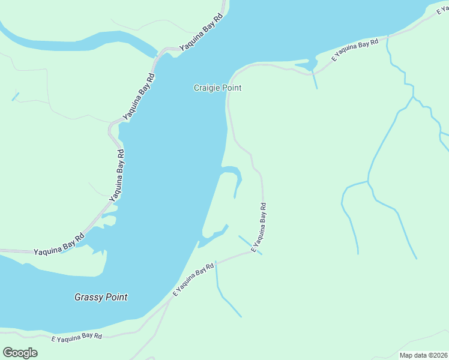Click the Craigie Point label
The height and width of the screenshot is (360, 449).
point(217,88)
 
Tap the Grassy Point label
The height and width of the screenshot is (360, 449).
point(101,297)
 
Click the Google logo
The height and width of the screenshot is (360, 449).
point(20,352)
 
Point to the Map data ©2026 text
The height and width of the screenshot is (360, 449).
point(423,355)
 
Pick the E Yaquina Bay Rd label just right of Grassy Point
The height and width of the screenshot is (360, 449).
point(193,280)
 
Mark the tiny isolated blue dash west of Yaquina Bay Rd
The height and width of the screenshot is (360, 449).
point(15,96)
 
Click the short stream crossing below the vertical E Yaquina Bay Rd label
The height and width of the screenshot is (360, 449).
point(250,245)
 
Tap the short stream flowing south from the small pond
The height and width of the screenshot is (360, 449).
point(315,80)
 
